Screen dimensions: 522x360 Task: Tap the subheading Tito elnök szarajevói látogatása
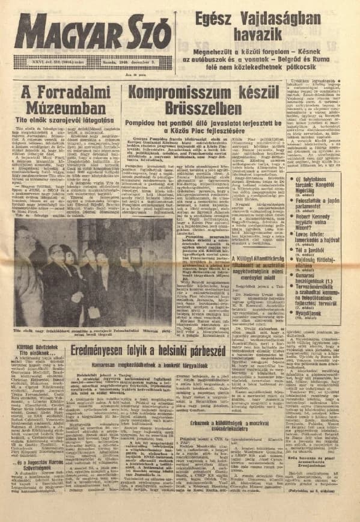[x=56, y=122]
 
